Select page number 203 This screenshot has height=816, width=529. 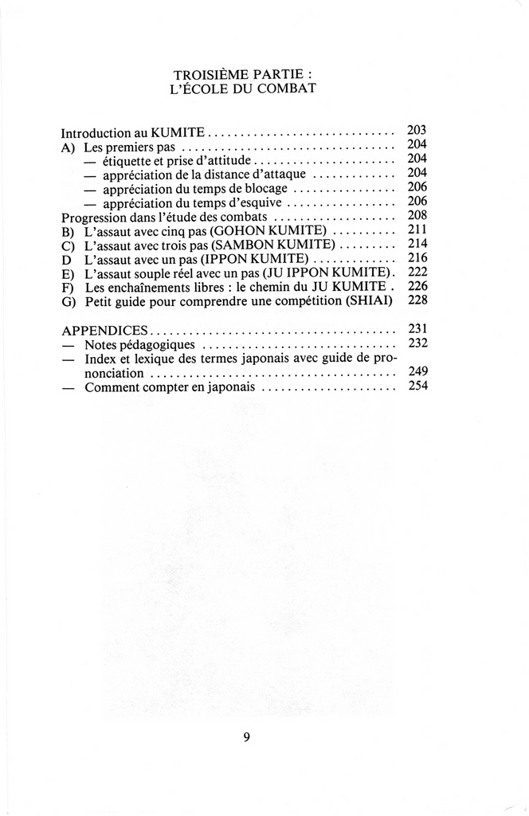(x=417, y=130)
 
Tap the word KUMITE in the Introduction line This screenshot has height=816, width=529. (x=181, y=133)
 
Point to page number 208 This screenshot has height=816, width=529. (x=417, y=215)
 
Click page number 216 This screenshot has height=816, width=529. (x=417, y=258)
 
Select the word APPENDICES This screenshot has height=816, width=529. (x=104, y=330)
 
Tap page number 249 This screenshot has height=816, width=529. (x=417, y=371)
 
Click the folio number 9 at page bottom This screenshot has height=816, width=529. (x=246, y=737)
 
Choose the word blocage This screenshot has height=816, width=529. (x=266, y=189)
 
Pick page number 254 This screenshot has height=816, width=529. (x=417, y=386)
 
